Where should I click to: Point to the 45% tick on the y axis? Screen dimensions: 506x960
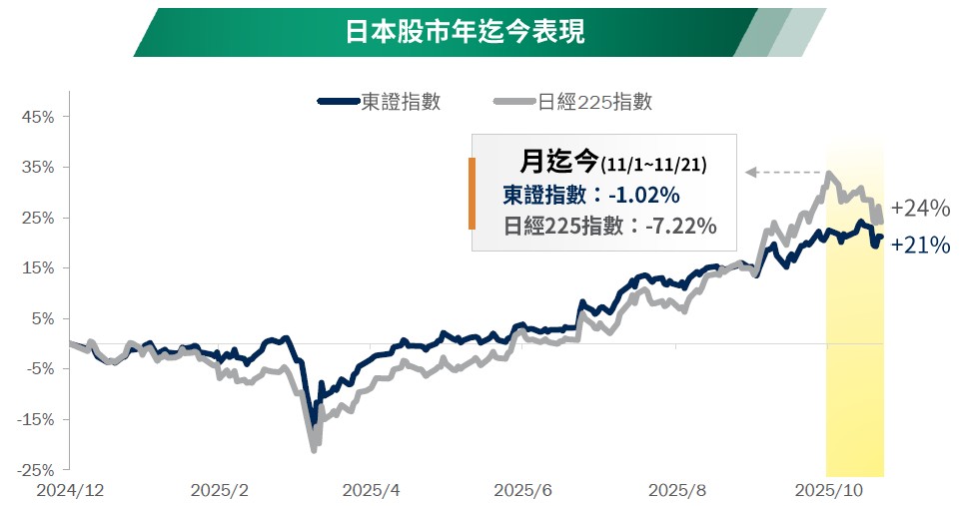click(37, 117)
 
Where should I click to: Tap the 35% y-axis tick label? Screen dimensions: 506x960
click(37, 167)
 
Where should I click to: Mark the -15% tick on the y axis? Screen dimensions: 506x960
click(35, 419)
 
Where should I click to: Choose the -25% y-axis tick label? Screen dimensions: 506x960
click(35, 469)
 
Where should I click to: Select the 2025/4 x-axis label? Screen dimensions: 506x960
click(371, 491)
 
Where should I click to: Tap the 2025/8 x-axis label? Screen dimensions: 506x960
click(676, 491)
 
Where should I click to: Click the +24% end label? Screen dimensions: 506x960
click(920, 209)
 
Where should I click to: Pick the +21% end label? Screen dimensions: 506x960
click(920, 245)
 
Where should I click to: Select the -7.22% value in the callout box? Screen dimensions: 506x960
click(681, 226)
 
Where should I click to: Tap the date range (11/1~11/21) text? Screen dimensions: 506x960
click(653, 163)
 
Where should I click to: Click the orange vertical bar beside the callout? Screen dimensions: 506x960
click(472, 193)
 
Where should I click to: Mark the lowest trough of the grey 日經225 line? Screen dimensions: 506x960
click(314, 450)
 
